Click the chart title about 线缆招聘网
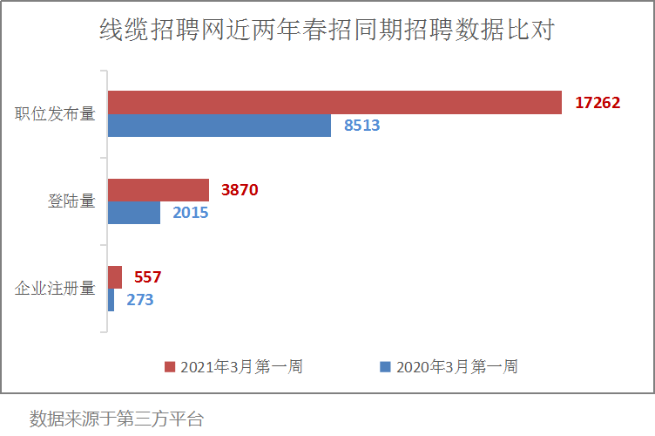(x=327, y=31)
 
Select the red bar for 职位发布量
(x=334, y=103)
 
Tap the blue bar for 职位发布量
(x=219, y=126)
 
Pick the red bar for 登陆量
(x=158, y=190)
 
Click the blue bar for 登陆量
(x=134, y=213)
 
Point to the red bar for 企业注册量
(x=114, y=277)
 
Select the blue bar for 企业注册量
(x=111, y=300)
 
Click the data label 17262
(x=598, y=103)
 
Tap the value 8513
(x=362, y=126)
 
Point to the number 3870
(x=240, y=190)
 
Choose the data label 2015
(x=190, y=213)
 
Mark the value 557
(x=148, y=277)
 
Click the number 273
(x=140, y=300)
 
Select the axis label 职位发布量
(x=55, y=114)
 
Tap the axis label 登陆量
(x=71, y=201)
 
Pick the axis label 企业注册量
(x=55, y=289)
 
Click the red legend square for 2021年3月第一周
(x=171, y=367)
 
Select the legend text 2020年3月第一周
(x=456, y=367)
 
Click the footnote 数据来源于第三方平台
(x=116, y=419)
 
